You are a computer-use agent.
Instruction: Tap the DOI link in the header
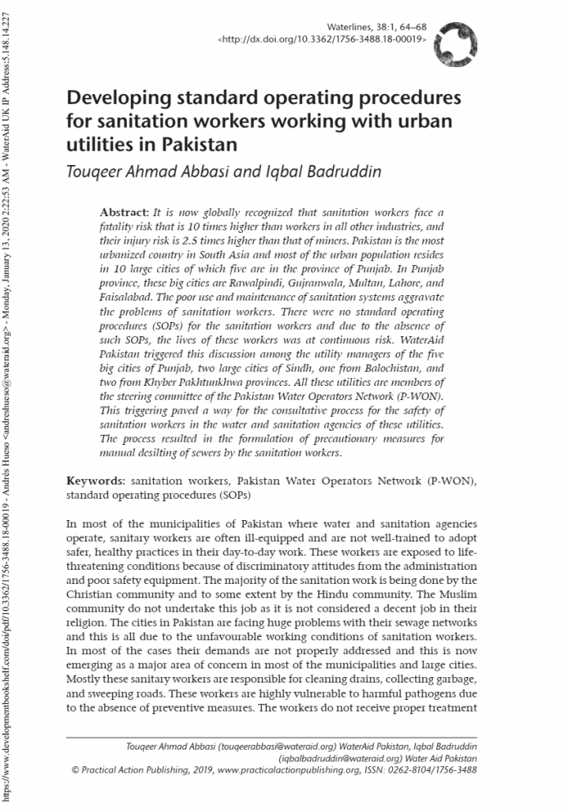pos(323,38)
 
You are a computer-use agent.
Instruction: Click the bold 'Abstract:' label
pos(124,213)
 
